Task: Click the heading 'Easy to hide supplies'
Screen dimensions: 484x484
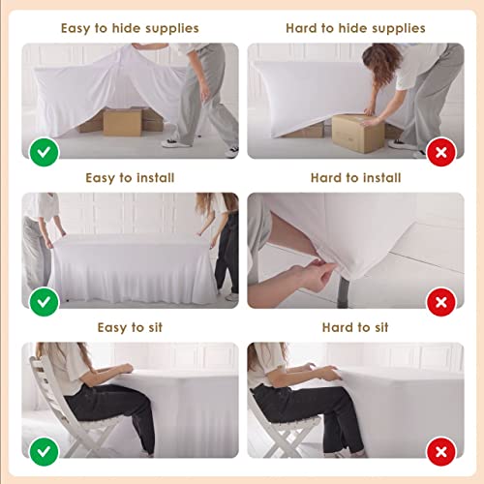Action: pos(130,28)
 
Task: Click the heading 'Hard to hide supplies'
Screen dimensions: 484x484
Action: pos(355,28)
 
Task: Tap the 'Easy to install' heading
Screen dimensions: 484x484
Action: pos(130,178)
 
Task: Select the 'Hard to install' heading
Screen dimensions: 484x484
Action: pos(355,178)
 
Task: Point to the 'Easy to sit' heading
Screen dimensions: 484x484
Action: pos(130,327)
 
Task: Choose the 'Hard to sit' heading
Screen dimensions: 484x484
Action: pos(355,327)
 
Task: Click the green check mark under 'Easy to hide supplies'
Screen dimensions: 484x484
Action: pos(44,152)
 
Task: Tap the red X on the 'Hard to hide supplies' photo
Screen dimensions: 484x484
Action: pos(441,152)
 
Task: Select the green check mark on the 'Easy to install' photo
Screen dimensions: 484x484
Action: pos(44,302)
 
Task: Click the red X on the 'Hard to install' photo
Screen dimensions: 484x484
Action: pos(441,302)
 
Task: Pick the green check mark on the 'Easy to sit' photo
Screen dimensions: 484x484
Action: pos(44,451)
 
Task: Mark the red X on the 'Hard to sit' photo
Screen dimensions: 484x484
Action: pos(441,451)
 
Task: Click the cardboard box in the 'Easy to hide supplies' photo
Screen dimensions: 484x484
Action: pos(122,122)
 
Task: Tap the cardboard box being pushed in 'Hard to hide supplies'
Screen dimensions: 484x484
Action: pos(358,133)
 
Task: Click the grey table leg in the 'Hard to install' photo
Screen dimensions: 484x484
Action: pos(343,292)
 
